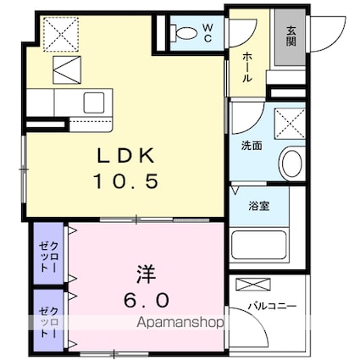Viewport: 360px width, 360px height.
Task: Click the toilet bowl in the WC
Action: [184, 32]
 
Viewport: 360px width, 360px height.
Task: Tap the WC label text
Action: [208, 33]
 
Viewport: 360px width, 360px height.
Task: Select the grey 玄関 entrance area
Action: [291, 37]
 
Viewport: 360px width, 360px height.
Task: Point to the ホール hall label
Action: [247, 67]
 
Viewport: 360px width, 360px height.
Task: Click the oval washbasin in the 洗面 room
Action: [292, 163]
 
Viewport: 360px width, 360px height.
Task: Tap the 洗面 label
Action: [252, 146]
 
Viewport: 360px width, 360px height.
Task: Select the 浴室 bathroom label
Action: [258, 206]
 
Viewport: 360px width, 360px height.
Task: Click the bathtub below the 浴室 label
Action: [259, 246]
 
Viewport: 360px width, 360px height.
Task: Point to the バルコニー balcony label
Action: [272, 306]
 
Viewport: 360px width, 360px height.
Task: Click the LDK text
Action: [126, 155]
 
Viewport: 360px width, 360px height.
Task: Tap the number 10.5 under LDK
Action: [126, 181]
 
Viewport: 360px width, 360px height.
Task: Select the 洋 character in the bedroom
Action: [147, 274]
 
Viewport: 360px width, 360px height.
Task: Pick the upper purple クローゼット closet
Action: [48, 253]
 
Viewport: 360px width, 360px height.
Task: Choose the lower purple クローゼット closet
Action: [48, 320]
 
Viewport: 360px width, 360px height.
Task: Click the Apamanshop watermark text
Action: [180, 322]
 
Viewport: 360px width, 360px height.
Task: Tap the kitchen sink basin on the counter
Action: [94, 102]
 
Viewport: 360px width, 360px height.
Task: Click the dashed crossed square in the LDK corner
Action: [61, 34]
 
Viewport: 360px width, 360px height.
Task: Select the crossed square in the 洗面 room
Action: [290, 124]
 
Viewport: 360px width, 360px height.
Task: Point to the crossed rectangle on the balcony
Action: [253, 284]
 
